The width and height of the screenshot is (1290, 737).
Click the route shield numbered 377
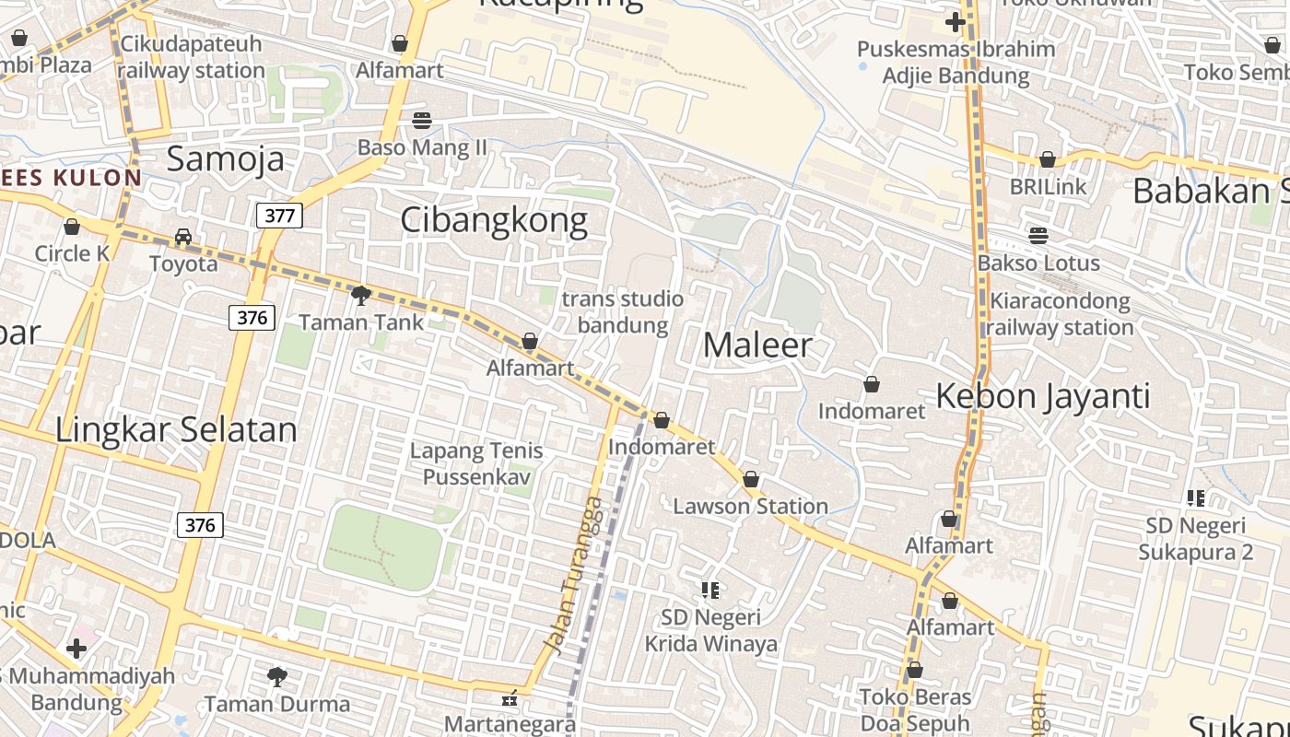tap(279, 216)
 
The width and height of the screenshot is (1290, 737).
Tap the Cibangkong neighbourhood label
tap(494, 221)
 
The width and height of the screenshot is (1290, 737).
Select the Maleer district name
tap(757, 345)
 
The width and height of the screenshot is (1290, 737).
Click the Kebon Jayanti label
tap(1043, 396)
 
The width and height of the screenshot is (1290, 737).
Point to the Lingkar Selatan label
tap(177, 430)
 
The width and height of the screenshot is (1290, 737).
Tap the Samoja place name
tap(226, 159)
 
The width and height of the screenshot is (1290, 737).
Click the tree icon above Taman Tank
tap(361, 296)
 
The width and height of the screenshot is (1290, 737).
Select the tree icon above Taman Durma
tap(276, 678)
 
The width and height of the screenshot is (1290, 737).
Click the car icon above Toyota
tap(183, 237)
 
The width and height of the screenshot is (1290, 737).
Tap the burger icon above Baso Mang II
tap(422, 121)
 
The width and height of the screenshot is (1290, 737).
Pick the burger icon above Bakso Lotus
tap(1038, 236)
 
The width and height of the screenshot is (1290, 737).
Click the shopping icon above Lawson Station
tap(751, 480)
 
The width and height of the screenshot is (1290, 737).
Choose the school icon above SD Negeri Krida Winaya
tap(710, 591)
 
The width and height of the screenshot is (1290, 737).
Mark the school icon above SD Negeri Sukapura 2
tap(1196, 499)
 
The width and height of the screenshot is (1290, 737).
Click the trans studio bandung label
tap(623, 311)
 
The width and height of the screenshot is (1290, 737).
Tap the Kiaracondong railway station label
tap(1060, 314)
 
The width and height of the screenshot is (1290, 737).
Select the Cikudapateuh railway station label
tap(192, 57)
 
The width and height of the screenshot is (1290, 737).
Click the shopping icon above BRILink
tap(1048, 160)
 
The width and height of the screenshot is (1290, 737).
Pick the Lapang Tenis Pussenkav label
tap(476, 463)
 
